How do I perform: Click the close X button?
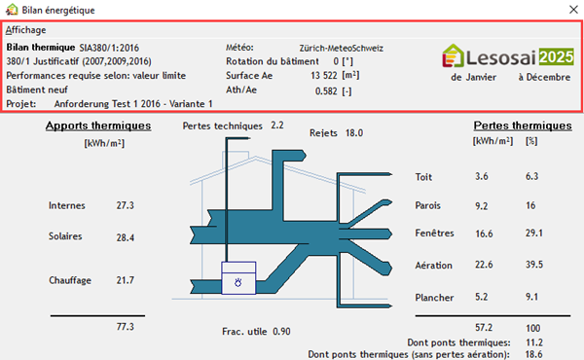(573, 10)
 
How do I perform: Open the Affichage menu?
(25, 30)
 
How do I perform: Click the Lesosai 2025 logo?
(508, 56)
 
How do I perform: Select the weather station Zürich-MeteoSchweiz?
(342, 48)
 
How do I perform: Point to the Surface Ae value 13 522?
(324, 76)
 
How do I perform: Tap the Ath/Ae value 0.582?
(326, 91)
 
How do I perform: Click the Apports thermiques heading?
(98, 126)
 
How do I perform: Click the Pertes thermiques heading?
(523, 126)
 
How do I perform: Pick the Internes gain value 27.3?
(126, 205)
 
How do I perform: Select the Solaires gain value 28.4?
(126, 237)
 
